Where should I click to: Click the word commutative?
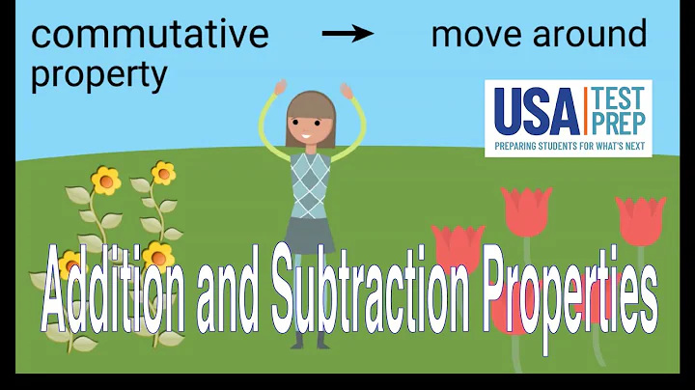click(150, 35)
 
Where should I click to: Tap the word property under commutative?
click(99, 75)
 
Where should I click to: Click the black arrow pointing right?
click(347, 34)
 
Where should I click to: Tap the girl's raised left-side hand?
click(280, 87)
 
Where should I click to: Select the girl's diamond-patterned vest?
click(310, 184)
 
